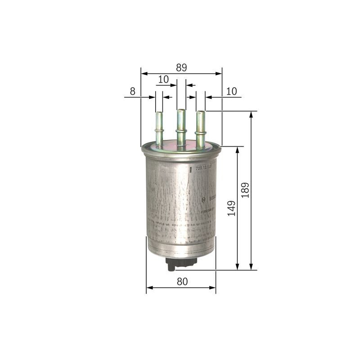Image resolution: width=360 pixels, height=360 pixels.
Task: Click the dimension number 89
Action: tap(181, 67)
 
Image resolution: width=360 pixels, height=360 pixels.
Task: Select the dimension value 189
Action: tap(245, 190)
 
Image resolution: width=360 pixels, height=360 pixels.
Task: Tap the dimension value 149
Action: tap(231, 208)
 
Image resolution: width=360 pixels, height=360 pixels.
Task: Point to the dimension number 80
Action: tap(182, 282)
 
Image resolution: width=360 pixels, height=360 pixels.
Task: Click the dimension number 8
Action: tap(132, 91)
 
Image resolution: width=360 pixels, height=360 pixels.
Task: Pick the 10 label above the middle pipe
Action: tap(163, 79)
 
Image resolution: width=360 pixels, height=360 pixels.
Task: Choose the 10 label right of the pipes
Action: tap(231, 91)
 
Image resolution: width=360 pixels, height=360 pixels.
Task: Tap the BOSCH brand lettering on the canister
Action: tap(212, 198)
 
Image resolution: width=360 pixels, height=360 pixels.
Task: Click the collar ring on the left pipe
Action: tap(159, 130)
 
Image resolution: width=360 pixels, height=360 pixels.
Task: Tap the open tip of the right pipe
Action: tap(200, 112)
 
